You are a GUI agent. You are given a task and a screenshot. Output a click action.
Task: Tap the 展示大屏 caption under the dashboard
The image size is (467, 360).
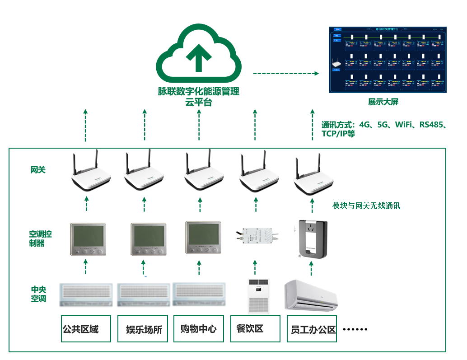click(383, 102)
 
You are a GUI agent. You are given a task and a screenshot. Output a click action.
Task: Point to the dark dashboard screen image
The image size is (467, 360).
click(388, 60)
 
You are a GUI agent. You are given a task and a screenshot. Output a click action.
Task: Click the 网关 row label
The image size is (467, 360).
click(38, 170)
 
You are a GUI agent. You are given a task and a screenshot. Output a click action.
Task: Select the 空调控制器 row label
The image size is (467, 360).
click(40, 238)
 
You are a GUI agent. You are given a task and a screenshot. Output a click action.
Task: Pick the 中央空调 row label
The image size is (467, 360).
click(38, 294)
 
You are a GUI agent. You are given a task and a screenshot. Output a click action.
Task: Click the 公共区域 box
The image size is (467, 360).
click(86, 329)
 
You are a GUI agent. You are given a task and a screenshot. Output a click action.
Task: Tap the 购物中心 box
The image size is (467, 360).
click(199, 329)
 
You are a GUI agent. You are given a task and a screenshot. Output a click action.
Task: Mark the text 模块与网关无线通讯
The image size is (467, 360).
click(366, 206)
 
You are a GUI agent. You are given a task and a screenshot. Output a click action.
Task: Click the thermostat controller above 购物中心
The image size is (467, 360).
click(203, 238)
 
